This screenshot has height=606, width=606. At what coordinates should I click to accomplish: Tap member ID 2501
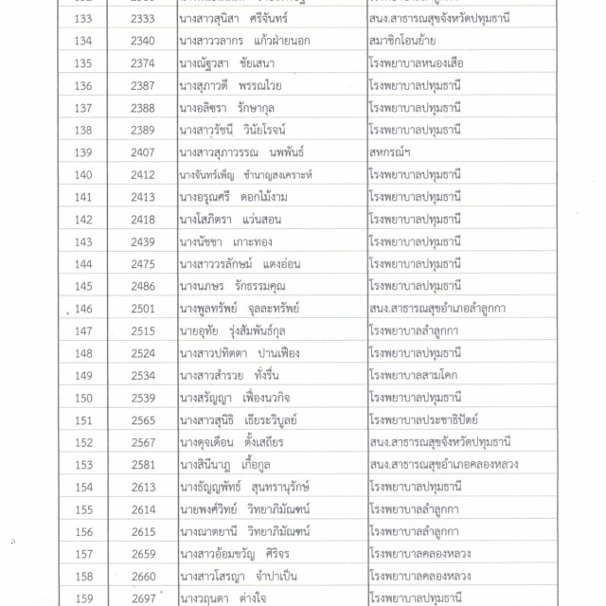(x=143, y=308)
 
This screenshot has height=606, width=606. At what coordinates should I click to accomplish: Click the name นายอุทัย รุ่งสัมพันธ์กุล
(x=238, y=330)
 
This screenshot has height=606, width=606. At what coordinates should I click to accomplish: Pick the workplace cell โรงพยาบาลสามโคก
(x=414, y=374)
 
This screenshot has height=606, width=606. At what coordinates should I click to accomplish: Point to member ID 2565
(x=143, y=419)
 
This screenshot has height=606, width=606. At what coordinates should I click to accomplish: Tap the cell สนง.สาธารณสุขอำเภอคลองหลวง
(x=444, y=463)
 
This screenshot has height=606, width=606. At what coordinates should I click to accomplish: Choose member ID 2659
(x=143, y=553)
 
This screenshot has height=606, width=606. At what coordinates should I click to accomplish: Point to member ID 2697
(x=143, y=597)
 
